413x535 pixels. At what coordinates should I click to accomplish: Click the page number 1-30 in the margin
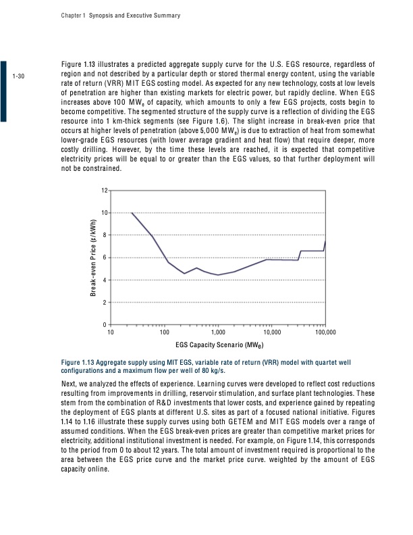pos(19,76)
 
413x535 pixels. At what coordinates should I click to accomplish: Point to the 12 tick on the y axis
pos(105,190)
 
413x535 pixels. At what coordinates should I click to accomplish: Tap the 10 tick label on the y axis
pos(105,213)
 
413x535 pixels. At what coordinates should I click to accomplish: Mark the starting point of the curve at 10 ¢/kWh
pos(132,213)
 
